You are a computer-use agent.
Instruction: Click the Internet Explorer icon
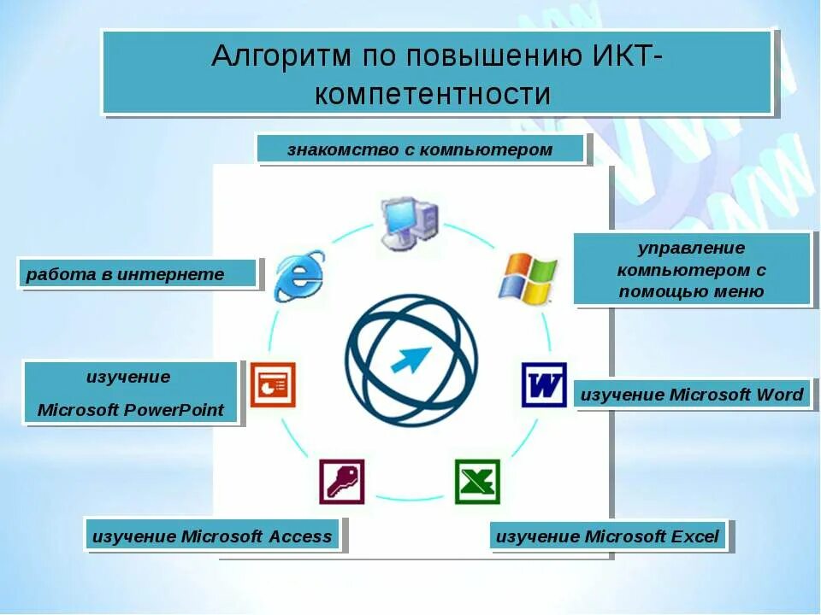click(298, 275)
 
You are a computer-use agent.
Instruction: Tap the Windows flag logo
click(527, 278)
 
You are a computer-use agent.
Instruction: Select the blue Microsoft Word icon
click(544, 385)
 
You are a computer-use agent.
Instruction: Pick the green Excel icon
click(477, 482)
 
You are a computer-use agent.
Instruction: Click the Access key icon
click(342, 482)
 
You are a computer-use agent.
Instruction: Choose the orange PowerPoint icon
click(272, 384)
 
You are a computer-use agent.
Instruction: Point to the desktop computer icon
click(409, 222)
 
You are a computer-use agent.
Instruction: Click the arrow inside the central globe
click(411, 359)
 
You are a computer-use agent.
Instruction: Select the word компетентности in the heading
click(433, 93)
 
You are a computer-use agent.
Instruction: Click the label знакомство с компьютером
click(420, 150)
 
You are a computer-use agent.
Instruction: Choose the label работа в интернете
click(125, 274)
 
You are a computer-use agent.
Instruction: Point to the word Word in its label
click(780, 395)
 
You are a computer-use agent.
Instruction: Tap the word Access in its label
click(299, 536)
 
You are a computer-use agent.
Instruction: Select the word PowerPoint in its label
click(174, 410)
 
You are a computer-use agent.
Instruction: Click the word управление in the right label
click(691, 249)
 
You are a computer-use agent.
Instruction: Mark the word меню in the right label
click(742, 291)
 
